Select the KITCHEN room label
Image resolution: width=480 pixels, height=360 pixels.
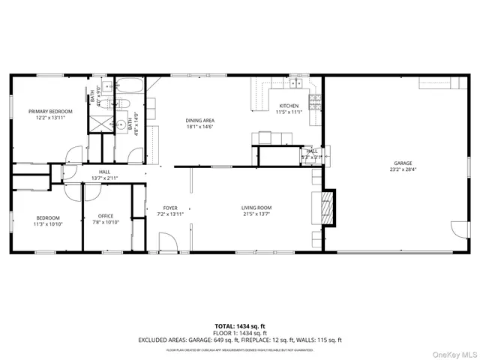coord(289,106)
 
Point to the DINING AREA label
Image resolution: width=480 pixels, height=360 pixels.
coord(200,121)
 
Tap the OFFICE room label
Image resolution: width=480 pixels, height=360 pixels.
coord(106,216)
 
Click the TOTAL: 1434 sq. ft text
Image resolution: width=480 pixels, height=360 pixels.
coord(240,325)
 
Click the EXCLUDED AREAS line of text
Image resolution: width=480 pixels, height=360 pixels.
coord(240,340)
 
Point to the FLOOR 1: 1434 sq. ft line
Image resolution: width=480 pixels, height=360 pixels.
coord(240,332)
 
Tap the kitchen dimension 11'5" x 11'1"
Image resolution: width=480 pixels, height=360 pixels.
coord(289,112)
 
